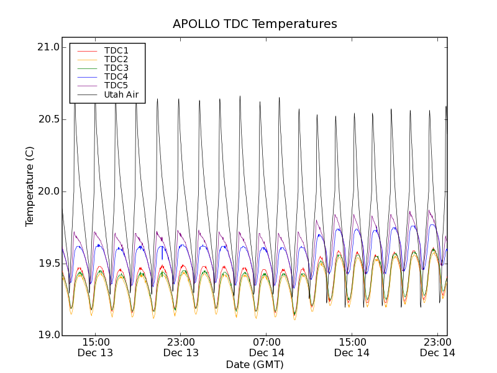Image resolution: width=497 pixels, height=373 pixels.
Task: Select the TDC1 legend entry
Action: [x=116, y=50]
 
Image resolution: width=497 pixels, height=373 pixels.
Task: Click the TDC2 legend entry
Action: [x=116, y=59]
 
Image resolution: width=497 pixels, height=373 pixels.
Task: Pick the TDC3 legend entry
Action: [x=116, y=68]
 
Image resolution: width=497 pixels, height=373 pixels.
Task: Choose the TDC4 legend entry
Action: [x=116, y=76]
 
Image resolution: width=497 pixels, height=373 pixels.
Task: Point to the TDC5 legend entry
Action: [x=116, y=85]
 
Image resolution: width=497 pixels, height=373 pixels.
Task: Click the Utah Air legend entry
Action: [x=121, y=95]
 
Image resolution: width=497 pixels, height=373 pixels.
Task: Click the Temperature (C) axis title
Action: [x=30, y=186]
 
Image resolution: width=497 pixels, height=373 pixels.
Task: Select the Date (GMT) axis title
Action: [x=255, y=364]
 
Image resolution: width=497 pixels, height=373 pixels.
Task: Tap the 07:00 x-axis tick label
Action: [x=267, y=342]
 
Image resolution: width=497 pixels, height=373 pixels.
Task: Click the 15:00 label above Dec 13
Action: [x=96, y=342]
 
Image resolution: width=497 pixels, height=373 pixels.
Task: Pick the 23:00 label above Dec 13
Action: [x=181, y=342]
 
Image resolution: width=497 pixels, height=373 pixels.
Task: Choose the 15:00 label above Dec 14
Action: [x=352, y=342]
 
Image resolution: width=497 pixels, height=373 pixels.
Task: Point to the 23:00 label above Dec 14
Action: [x=438, y=342]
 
